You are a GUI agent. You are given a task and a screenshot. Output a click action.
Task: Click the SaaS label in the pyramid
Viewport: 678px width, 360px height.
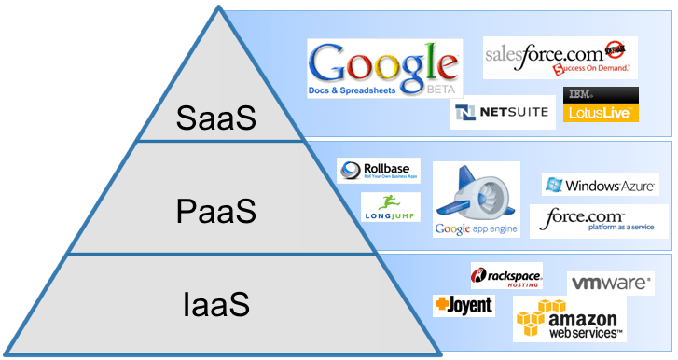tap(216, 119)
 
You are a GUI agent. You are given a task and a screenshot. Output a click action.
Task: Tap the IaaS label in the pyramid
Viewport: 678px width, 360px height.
tap(216, 304)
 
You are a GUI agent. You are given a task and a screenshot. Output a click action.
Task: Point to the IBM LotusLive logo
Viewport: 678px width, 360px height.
tap(602, 104)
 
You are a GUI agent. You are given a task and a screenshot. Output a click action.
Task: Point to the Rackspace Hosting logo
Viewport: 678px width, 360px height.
tap(506, 277)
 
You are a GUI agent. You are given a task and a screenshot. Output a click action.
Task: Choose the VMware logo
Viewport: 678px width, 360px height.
tap(609, 283)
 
